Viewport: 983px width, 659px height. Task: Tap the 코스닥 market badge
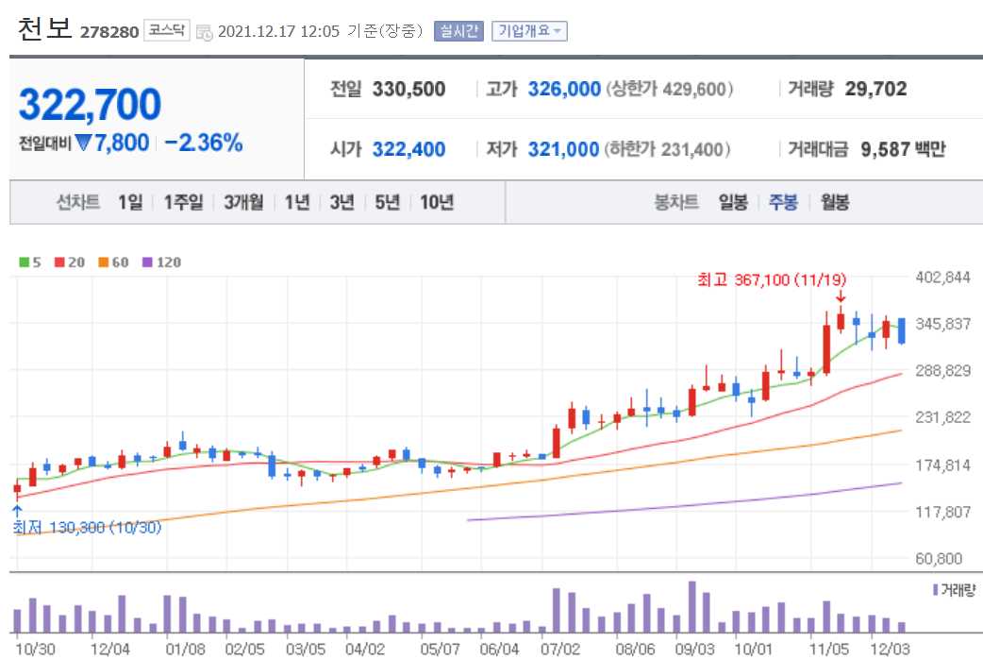click(x=167, y=31)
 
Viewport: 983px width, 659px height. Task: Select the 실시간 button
click(x=458, y=31)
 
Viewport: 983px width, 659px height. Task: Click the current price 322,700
click(x=91, y=105)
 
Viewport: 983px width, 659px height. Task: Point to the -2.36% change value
click(x=203, y=144)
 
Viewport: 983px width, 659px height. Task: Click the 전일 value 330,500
click(x=408, y=90)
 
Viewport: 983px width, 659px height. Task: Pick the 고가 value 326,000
click(x=564, y=90)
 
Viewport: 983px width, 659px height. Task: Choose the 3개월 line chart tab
click(x=242, y=202)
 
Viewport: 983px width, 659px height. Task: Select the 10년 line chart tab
click(x=437, y=202)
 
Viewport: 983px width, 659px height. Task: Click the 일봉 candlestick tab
click(x=733, y=202)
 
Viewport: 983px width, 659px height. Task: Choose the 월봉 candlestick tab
click(x=834, y=202)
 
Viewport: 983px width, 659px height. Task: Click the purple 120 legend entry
click(x=161, y=262)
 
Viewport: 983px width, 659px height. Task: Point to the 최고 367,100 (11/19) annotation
click(x=772, y=279)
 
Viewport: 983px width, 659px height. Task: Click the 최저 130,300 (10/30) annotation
click(x=87, y=528)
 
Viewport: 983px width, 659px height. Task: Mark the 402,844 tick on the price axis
click(x=943, y=278)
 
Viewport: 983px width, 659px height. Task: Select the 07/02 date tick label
click(x=560, y=649)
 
